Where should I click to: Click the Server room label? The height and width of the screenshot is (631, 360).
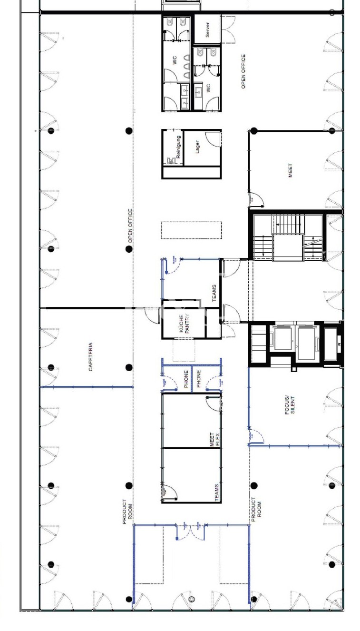(x=207, y=30)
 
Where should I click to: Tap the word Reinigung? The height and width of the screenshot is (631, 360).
(x=178, y=147)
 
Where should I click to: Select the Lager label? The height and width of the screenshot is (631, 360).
(x=197, y=147)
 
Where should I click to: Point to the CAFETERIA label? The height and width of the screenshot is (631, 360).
(x=90, y=356)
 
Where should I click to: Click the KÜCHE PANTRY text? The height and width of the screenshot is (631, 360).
(x=185, y=324)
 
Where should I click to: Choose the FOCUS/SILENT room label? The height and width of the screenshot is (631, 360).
(x=290, y=405)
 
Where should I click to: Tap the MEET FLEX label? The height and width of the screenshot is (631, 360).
(x=214, y=439)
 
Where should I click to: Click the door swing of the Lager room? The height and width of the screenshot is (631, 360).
(x=213, y=139)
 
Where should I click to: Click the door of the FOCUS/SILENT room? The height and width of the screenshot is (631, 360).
(x=256, y=437)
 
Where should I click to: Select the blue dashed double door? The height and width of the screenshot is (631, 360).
(x=191, y=532)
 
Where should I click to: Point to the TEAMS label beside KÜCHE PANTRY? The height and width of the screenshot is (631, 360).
(x=214, y=293)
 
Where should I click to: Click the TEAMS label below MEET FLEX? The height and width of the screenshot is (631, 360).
(x=216, y=493)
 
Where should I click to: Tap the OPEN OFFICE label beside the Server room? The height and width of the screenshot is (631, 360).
(x=243, y=71)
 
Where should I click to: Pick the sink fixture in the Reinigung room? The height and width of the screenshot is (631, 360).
(x=171, y=161)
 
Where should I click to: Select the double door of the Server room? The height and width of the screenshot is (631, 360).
(x=228, y=30)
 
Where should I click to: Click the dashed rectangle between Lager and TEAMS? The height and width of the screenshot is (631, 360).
(x=191, y=230)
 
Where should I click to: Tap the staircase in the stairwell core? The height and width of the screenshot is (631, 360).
(x=288, y=237)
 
